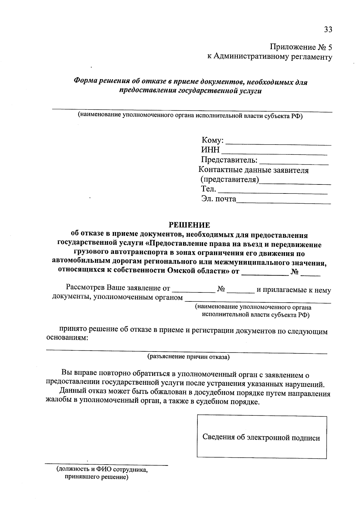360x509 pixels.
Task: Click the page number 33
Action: (328, 29)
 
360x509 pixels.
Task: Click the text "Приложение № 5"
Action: (301, 47)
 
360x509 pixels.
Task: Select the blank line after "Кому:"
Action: (278, 142)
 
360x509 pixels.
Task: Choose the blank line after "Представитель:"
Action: (294, 162)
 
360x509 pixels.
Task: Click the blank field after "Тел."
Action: (273, 191)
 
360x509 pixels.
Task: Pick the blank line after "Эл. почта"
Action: (283, 201)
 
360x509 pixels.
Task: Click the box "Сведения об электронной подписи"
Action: (262, 438)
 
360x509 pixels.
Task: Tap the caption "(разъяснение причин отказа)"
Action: (188, 357)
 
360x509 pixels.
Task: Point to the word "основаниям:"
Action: (67, 338)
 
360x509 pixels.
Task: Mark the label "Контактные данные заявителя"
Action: (254, 170)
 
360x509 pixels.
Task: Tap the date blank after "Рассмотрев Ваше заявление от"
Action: (193, 290)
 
